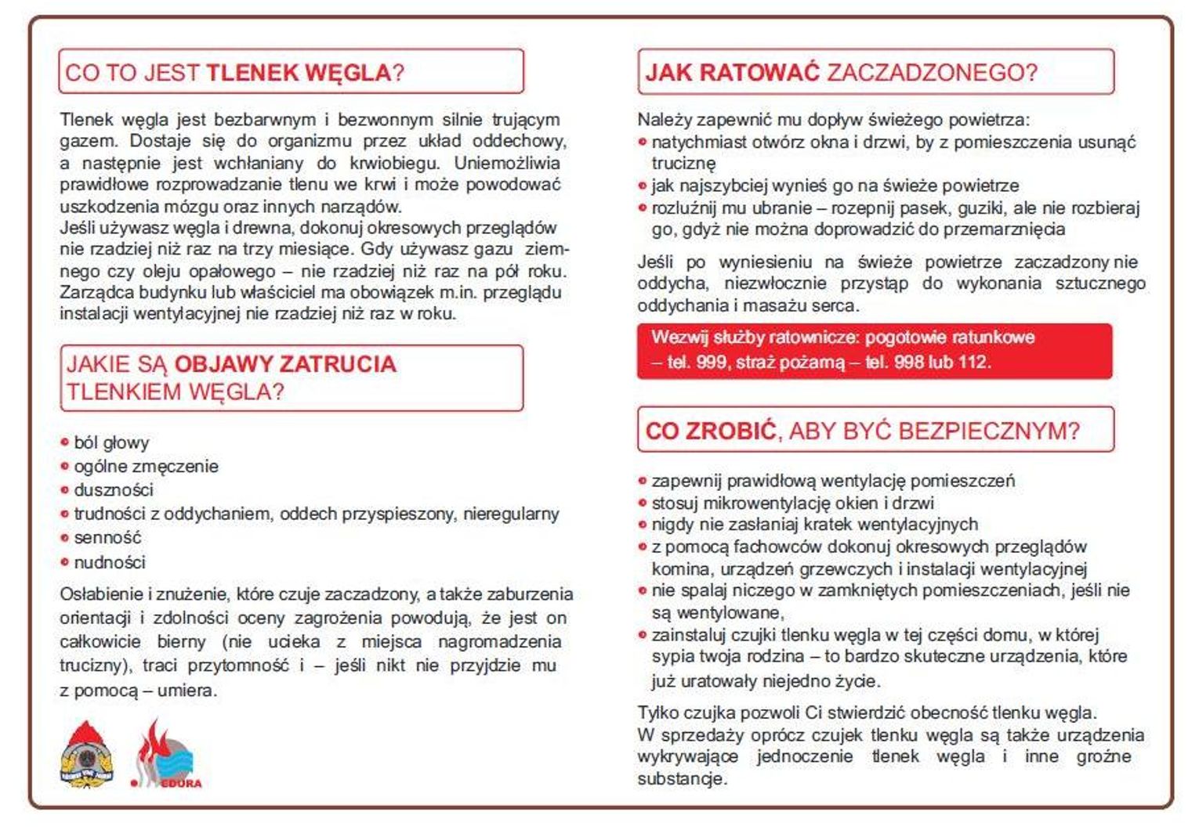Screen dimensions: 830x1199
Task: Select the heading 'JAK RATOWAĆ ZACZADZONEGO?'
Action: click(x=840, y=73)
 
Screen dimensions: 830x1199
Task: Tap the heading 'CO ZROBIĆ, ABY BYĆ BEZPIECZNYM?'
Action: click(x=862, y=431)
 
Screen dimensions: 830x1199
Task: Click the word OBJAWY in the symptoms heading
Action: click(x=223, y=364)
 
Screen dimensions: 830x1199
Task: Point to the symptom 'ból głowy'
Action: click(x=111, y=443)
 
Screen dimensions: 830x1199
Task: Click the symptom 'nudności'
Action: click(x=110, y=562)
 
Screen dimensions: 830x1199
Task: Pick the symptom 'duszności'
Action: click(x=114, y=490)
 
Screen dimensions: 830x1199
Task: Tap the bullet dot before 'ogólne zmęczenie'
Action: click(x=65, y=467)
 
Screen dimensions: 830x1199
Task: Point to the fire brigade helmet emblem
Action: click(x=87, y=755)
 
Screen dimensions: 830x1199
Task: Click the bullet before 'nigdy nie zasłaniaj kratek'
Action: click(x=643, y=525)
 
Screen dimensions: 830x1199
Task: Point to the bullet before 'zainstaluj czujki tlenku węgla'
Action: click(x=643, y=635)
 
